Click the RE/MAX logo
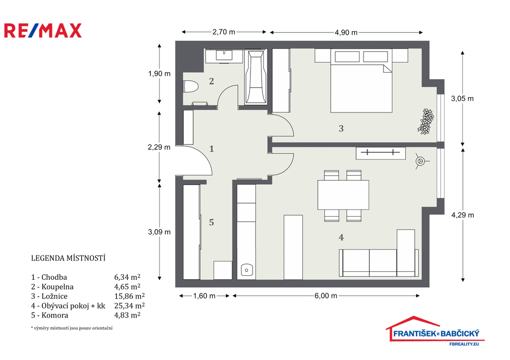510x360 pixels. click(x=43, y=30)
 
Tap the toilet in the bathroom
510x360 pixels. click(x=191, y=87)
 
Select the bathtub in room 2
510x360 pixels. click(x=255, y=77)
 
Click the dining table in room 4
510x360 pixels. click(x=343, y=195)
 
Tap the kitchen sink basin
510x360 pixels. click(x=247, y=270)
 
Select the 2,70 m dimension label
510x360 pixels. click(x=224, y=32)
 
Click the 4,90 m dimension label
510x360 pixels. click(x=346, y=32)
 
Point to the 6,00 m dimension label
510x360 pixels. click(x=326, y=296)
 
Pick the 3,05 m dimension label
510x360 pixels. click(x=462, y=99)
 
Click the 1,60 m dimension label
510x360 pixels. click(x=204, y=296)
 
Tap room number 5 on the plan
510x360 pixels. click(x=211, y=223)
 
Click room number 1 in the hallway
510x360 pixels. click(x=212, y=149)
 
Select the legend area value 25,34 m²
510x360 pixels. click(x=129, y=306)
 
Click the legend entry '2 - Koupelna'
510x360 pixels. click(x=52, y=287)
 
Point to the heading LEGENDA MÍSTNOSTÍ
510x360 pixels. click(x=68, y=258)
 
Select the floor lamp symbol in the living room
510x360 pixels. click(x=420, y=161)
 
